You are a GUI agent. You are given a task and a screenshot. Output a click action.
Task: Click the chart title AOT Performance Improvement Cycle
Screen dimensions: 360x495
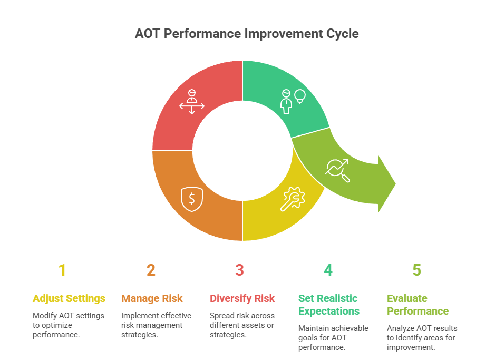point(247,34)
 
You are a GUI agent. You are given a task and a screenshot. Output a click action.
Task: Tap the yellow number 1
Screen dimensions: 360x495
point(62,270)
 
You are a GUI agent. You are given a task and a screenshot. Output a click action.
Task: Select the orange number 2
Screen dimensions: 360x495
point(151,270)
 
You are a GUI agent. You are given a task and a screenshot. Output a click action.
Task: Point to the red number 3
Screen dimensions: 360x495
point(239,270)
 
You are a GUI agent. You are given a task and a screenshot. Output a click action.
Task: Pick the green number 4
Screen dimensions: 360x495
point(328,270)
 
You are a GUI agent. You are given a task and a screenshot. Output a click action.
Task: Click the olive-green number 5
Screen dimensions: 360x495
point(417,270)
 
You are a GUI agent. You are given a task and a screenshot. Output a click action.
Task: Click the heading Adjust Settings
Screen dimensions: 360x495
point(69,298)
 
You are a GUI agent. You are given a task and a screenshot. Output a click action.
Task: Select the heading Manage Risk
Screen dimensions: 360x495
point(152,298)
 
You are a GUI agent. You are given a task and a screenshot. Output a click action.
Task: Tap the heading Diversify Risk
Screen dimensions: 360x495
point(242,298)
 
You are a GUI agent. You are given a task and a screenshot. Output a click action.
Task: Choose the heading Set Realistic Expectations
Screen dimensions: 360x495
point(329,305)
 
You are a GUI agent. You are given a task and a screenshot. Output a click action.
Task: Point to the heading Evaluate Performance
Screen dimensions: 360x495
point(418,305)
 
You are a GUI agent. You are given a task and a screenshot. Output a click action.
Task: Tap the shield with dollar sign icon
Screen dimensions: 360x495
point(191,198)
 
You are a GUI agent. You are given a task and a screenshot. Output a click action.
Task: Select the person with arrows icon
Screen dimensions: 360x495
point(191,102)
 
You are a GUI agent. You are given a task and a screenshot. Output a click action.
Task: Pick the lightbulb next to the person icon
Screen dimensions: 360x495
point(300,96)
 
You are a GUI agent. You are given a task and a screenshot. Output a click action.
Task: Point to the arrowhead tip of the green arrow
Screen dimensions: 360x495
point(395,184)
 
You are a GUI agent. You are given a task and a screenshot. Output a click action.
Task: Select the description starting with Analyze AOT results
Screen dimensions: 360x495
point(422,338)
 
